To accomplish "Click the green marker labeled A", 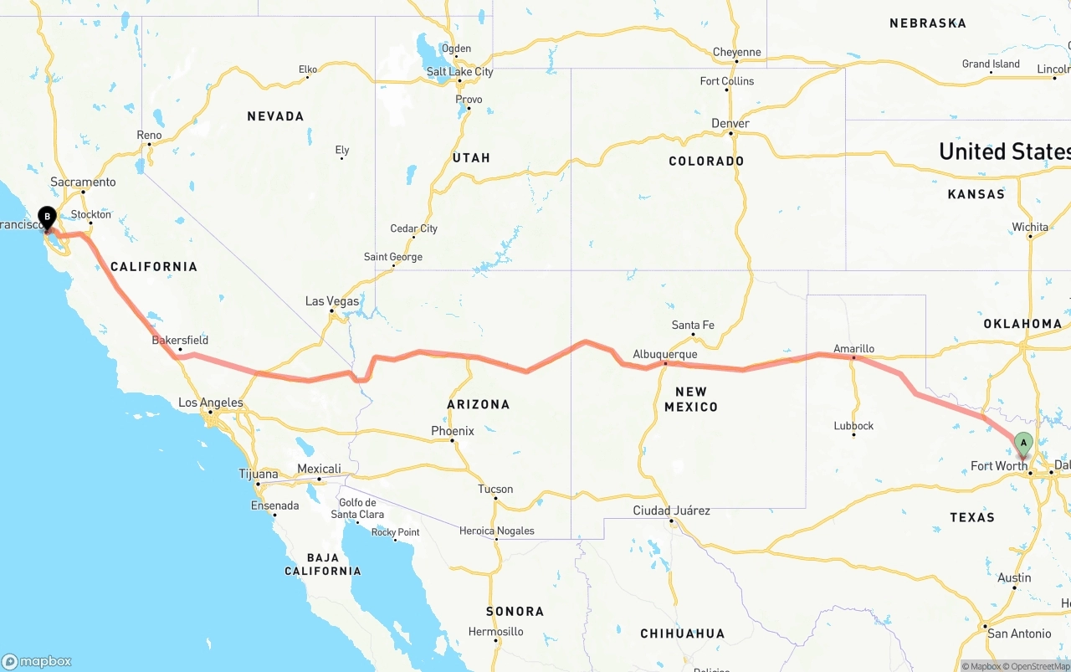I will (x=1022, y=444).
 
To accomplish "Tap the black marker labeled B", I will (x=48, y=218).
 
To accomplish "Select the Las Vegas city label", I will (x=332, y=301).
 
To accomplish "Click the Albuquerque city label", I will (x=665, y=354).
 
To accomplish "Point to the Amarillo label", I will (x=853, y=348).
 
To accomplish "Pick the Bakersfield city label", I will (x=180, y=341).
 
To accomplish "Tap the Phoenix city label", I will (x=453, y=431).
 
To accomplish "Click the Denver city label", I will (x=730, y=123).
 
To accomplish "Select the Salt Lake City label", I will (x=459, y=72).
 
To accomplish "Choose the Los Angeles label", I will (x=211, y=403).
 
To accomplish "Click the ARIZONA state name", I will (x=479, y=404).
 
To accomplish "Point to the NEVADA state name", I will (x=275, y=116).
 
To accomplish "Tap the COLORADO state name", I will (x=706, y=161).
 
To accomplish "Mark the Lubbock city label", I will (x=853, y=426).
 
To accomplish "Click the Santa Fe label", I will (x=693, y=325).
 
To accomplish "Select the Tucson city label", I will (x=495, y=489).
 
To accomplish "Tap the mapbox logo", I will (x=37, y=661).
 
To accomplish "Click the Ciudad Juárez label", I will (x=671, y=510).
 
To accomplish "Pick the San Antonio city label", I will (x=1019, y=634).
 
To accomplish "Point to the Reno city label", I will (x=149, y=135).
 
